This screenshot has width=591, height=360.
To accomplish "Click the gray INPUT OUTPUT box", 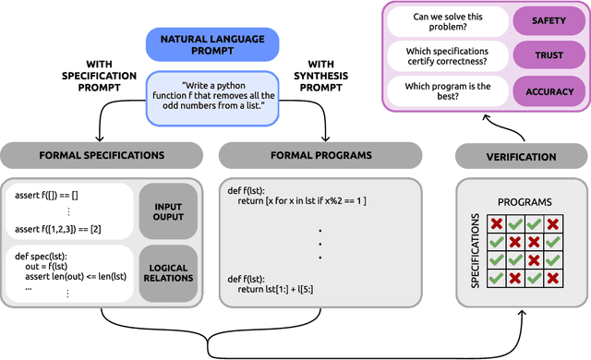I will pyautogui.click(x=167, y=210).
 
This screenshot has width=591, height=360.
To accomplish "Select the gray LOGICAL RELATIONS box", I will pyautogui.click(x=167, y=272).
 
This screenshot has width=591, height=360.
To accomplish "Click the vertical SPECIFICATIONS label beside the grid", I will pyautogui.click(x=474, y=252).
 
